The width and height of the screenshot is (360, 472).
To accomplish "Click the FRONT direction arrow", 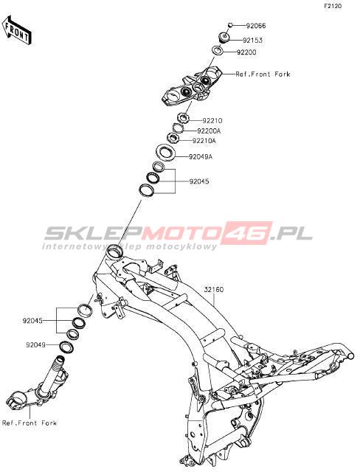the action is click(17, 30).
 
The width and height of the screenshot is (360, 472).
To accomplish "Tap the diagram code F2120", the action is click(333, 6).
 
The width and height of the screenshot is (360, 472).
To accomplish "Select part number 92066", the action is click(256, 26).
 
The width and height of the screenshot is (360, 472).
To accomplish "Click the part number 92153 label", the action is click(252, 41).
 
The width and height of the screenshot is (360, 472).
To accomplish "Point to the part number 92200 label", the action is click(246, 52).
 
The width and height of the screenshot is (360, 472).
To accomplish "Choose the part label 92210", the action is click(212, 121).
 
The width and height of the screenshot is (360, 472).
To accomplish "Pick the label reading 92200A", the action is click(209, 131).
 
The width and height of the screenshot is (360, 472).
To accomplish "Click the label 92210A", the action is click(204, 141).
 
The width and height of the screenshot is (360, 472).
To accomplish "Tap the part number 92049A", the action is click(201, 157).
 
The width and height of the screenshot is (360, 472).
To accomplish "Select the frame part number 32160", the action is click(214, 290).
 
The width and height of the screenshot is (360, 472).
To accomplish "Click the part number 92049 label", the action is click(35, 345).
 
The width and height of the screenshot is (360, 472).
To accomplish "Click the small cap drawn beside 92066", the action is click(230, 25).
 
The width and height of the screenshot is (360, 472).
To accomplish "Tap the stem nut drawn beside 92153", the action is click(224, 38).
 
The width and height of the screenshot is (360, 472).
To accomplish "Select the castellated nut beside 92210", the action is click(183, 118).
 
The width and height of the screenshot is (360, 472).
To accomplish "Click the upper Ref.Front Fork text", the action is click(263, 74).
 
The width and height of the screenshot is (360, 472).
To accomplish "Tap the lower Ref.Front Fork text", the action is click(30, 423).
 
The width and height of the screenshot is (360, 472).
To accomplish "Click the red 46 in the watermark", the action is click(247, 232).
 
